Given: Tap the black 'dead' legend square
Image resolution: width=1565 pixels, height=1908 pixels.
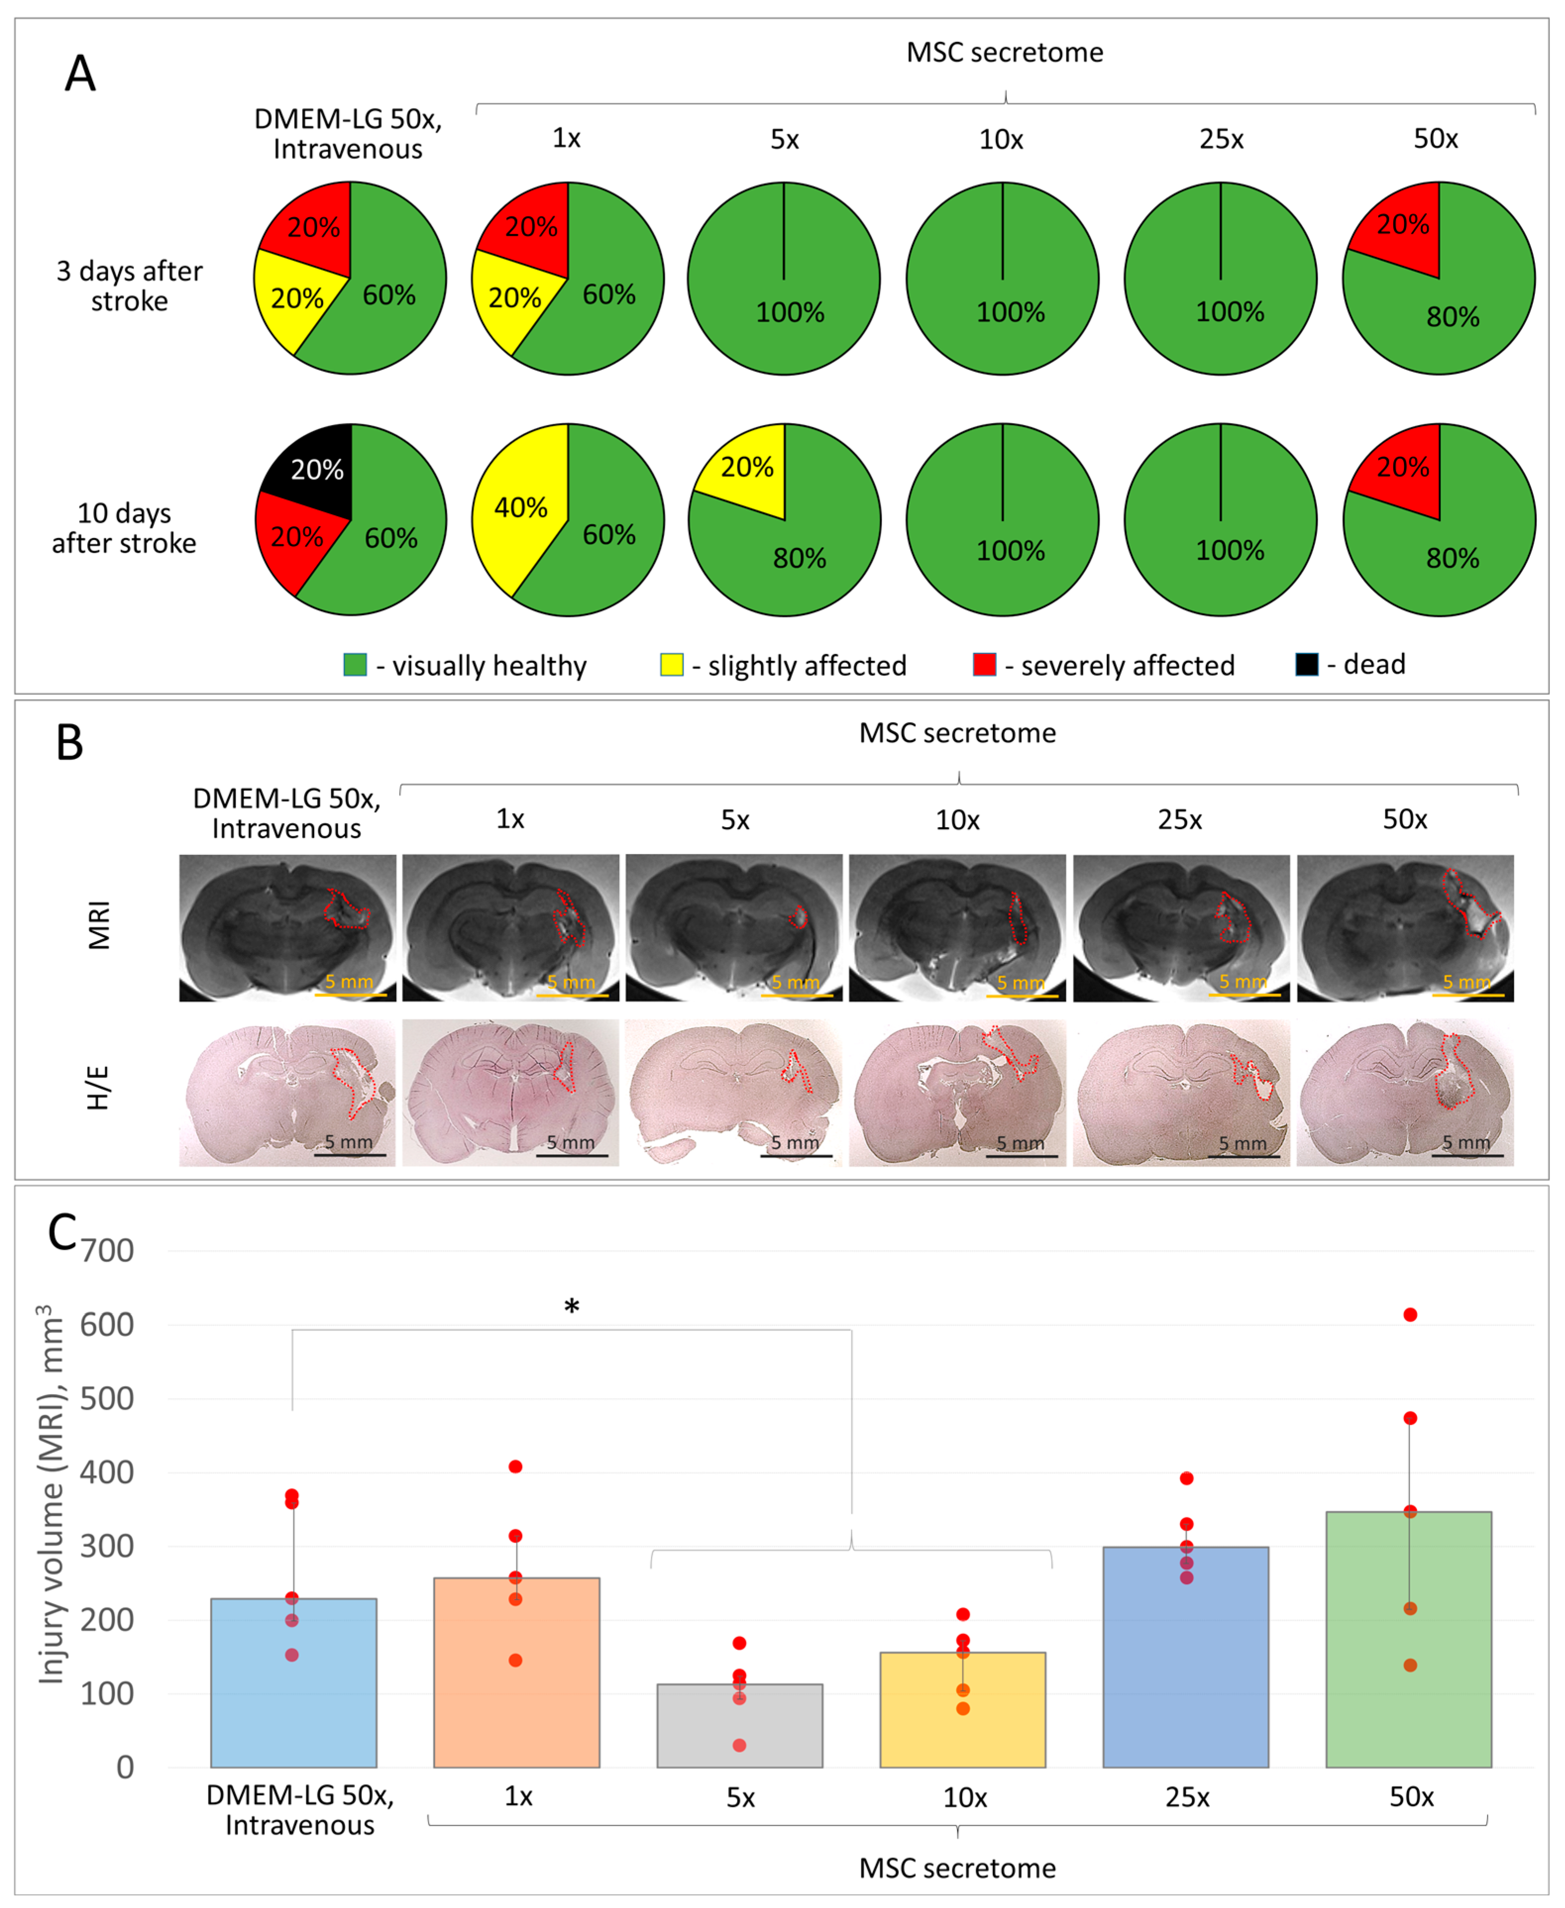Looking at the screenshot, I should (1306, 664).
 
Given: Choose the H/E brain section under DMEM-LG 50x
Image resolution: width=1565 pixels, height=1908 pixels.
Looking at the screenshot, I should (287, 1092).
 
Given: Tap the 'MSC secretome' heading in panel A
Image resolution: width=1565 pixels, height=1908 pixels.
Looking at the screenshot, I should (1004, 52).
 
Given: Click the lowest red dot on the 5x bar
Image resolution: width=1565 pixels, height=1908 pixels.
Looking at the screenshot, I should (739, 1746).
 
